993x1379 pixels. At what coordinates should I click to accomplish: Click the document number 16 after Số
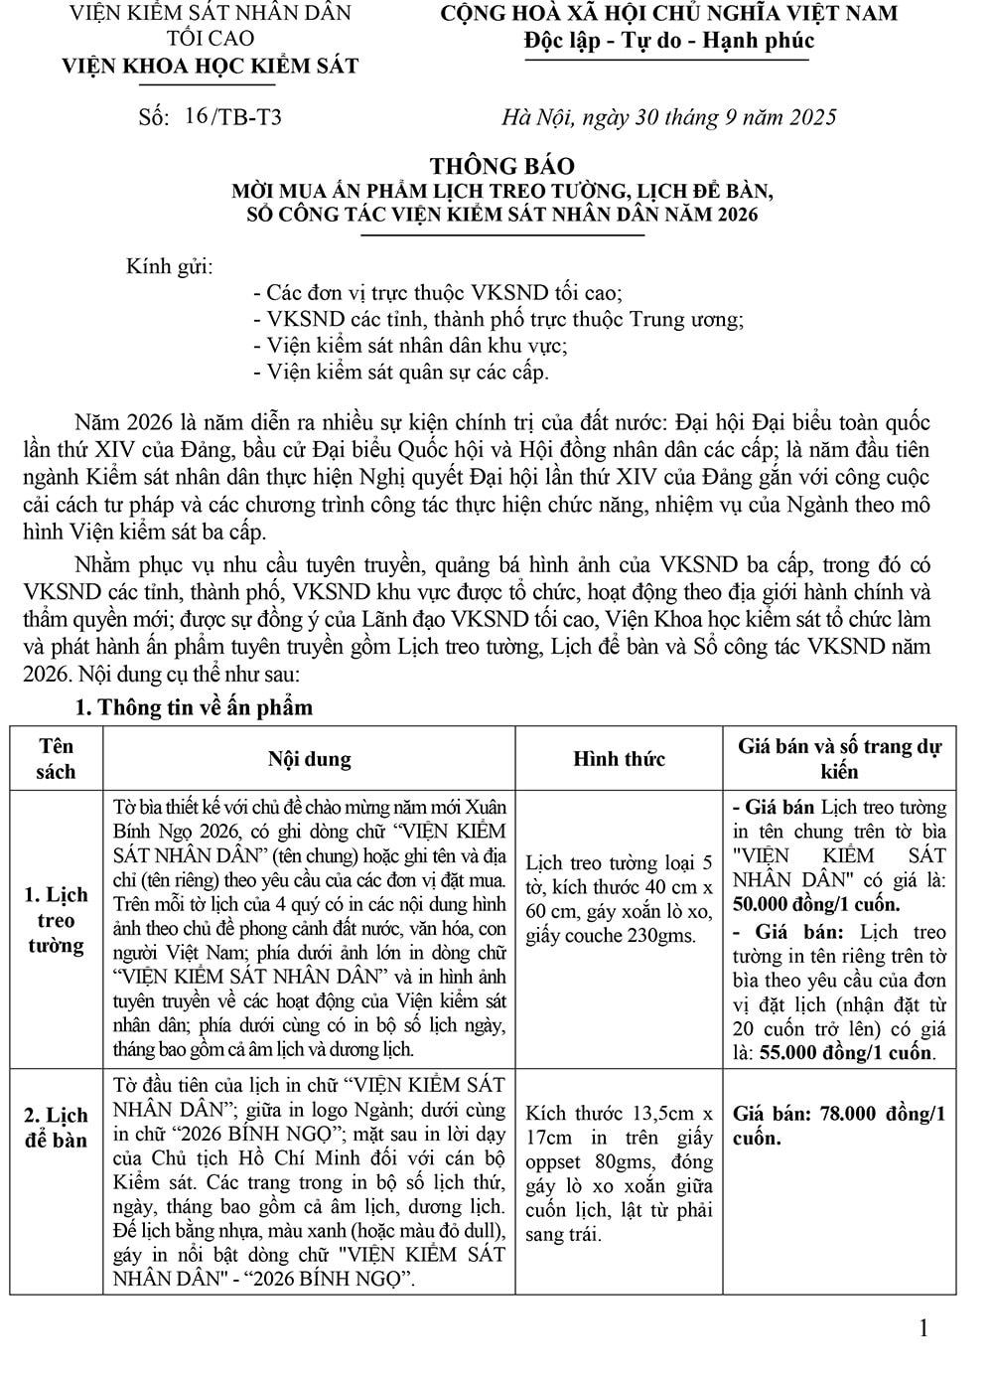coord(196,115)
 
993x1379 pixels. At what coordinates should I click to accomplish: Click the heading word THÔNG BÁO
coord(501,166)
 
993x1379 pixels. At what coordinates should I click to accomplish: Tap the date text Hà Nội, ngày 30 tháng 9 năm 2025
coord(668,117)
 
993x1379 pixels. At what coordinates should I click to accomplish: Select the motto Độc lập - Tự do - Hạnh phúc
coord(668,41)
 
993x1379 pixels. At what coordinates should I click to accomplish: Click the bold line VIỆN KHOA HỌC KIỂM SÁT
coord(210,66)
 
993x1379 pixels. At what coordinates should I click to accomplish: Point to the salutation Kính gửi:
coord(169,266)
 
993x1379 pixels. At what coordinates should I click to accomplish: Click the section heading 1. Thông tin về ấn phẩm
coord(194,707)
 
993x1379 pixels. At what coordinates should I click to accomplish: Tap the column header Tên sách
coord(57,758)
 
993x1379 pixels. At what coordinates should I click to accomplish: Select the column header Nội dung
coord(309,759)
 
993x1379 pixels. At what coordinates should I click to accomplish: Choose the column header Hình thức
coord(619,759)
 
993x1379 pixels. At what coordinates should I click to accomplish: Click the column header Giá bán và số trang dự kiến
coord(839,758)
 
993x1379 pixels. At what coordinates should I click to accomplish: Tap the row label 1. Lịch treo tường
coord(57,919)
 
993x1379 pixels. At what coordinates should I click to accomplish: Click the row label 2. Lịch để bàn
coord(57,1127)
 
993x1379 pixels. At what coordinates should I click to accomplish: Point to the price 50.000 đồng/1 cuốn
coord(816,904)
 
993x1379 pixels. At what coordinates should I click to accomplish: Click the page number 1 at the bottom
coord(924,1328)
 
